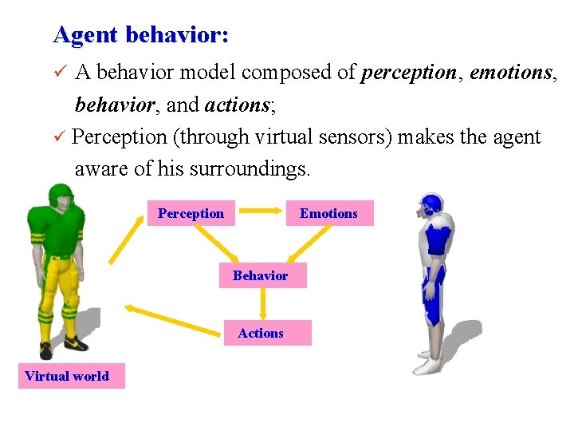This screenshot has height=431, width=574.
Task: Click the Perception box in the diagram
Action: click(x=191, y=213)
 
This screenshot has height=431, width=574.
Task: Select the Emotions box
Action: click(x=328, y=213)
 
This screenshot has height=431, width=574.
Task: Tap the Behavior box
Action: click(x=261, y=275)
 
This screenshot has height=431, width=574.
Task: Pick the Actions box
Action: click(x=261, y=333)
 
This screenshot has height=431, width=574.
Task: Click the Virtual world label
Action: click(x=67, y=376)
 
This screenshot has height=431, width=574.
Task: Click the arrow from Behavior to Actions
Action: click(x=262, y=304)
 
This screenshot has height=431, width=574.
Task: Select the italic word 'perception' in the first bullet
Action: click(x=410, y=73)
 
